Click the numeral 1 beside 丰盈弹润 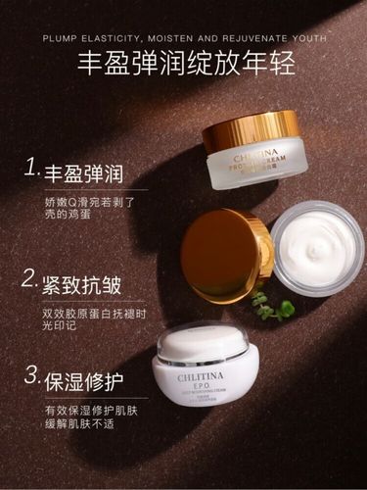tap(31, 170)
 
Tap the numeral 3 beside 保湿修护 tap(31, 377)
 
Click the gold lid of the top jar tap(251, 131)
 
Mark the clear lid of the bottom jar tap(203, 341)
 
